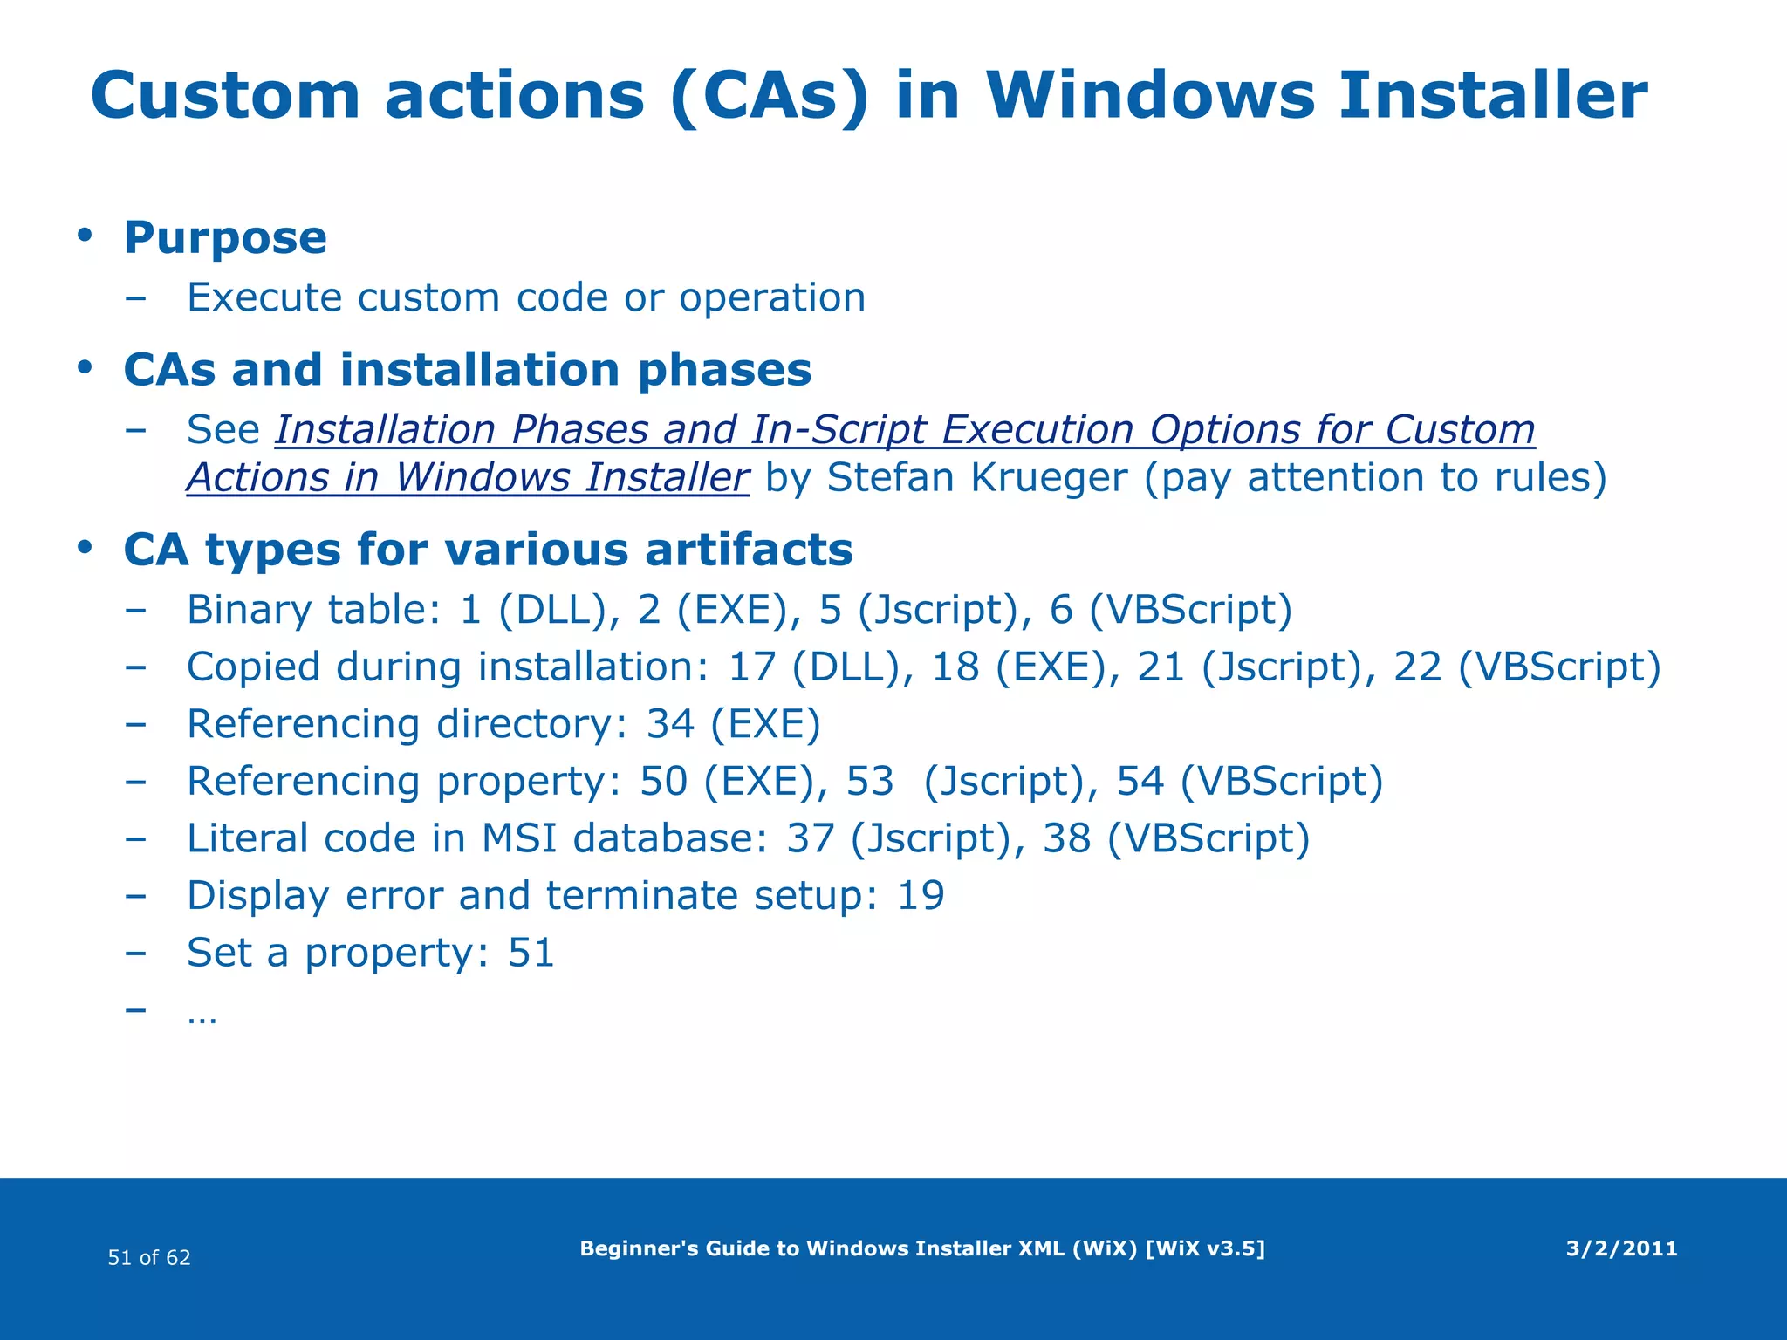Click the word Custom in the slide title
[x=225, y=96]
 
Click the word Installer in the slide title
[x=1493, y=96]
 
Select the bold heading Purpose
[x=225, y=238]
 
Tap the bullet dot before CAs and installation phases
[x=85, y=368]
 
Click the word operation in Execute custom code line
[x=772, y=298]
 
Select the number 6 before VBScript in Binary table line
[x=1060, y=610]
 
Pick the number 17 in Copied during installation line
[x=752, y=667]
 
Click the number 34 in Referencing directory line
[x=670, y=724]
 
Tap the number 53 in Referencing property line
[x=870, y=782]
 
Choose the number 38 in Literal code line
[x=1067, y=838]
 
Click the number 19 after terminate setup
[x=921, y=896]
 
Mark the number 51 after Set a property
[x=531, y=953]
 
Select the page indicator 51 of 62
[x=149, y=1258]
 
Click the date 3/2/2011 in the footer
[x=1621, y=1249]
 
